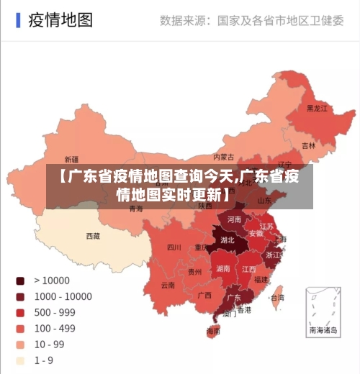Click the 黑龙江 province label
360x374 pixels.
click(317, 109)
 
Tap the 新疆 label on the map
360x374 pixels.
click(72, 160)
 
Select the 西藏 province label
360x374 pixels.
click(93, 235)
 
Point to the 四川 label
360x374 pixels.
click(174, 247)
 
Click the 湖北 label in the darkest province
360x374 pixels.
click(228, 240)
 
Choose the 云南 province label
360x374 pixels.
click(168, 285)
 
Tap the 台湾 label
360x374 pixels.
click(276, 296)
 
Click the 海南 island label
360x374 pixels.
click(213, 332)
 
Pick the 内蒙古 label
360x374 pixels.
click(224, 157)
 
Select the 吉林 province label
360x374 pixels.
click(308, 145)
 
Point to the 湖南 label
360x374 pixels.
click(223, 268)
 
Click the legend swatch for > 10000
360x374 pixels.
click(20, 280)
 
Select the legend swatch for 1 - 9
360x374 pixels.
click(20, 360)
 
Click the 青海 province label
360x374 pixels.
click(136, 209)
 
